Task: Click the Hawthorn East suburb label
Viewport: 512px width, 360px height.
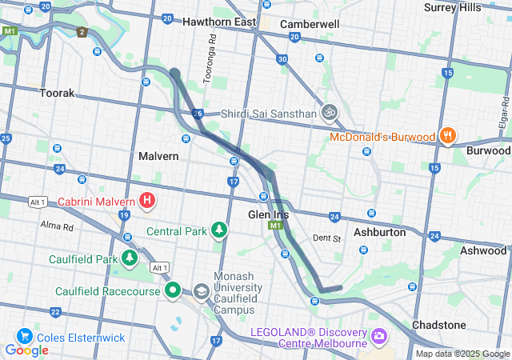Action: point(218,22)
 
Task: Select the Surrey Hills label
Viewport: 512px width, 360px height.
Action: point(452,7)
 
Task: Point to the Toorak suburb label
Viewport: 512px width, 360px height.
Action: point(57,93)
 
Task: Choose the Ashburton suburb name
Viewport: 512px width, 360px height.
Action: point(379,232)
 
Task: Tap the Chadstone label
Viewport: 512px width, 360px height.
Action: point(438,325)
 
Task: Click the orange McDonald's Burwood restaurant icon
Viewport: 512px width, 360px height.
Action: point(447,136)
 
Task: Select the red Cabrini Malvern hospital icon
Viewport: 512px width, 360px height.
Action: point(148,200)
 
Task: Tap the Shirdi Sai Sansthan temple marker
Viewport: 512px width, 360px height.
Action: point(329,113)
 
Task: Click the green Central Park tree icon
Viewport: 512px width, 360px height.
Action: point(218,231)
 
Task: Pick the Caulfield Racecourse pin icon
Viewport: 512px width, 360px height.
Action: point(172,290)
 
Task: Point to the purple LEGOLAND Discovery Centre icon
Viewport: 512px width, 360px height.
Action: point(378,334)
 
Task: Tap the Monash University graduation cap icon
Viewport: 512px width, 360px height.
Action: point(201,291)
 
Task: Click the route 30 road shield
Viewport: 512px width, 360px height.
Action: point(282,59)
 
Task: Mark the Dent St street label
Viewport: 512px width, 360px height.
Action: point(326,238)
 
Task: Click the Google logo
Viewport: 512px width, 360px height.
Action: point(26,350)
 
